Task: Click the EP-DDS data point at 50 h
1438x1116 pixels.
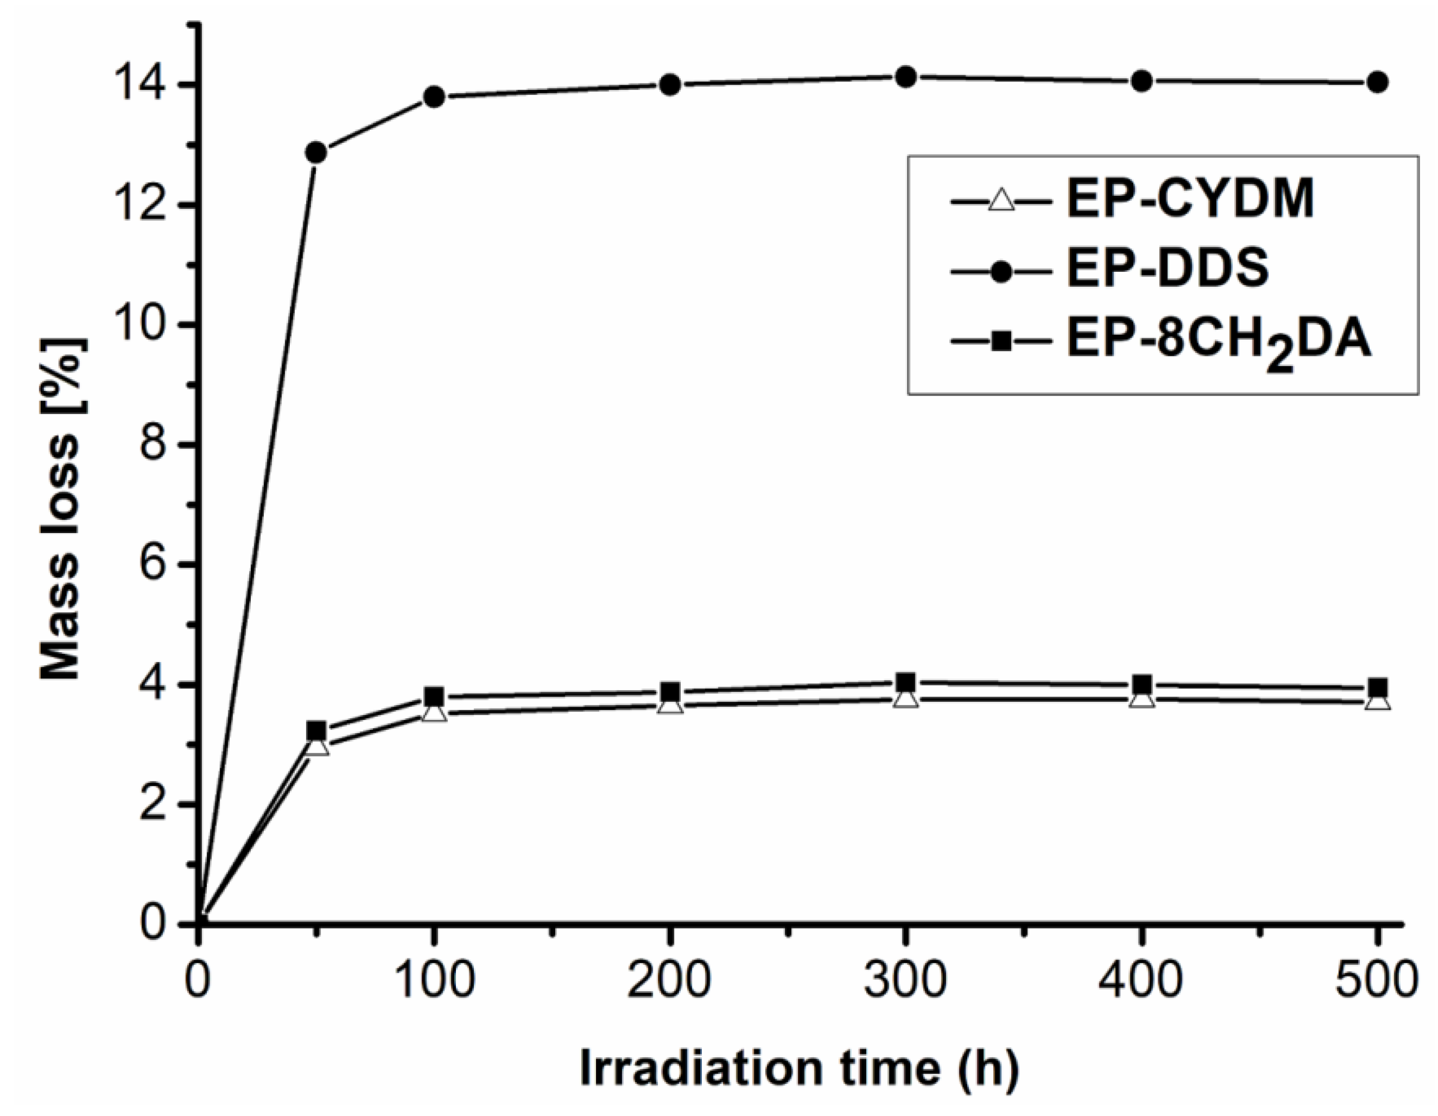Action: click(317, 153)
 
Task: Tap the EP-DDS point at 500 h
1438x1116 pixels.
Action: click(1377, 83)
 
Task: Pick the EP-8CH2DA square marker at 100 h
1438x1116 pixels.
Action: click(434, 697)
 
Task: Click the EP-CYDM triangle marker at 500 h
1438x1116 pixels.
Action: click(1377, 702)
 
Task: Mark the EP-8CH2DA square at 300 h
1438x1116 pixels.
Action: click(906, 681)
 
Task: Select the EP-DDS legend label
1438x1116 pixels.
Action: click(1167, 269)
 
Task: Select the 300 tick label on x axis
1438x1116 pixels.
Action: click(905, 980)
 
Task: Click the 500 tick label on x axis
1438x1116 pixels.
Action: click(1376, 980)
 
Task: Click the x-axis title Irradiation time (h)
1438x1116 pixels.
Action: click(799, 1068)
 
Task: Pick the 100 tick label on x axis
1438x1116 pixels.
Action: click(433, 980)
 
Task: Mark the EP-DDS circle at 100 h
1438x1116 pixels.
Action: click(434, 97)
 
